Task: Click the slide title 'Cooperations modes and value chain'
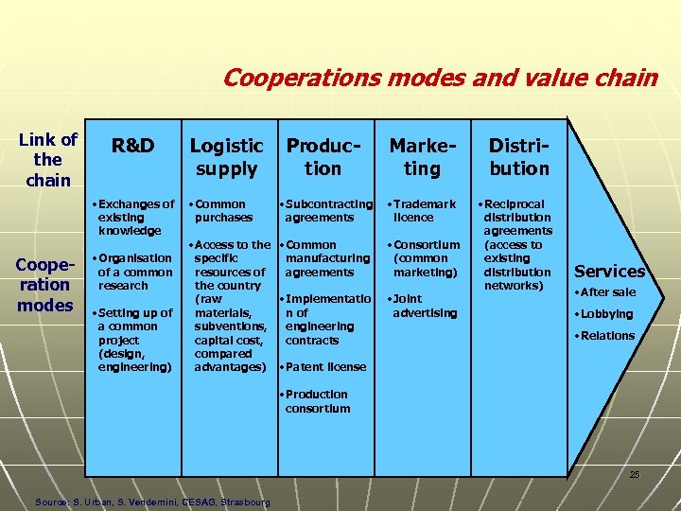point(440,78)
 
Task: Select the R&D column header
point(132,146)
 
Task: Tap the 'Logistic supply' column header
point(226,157)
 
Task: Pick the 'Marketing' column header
point(422,157)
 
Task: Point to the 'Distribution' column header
point(518,157)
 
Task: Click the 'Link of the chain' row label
point(47,160)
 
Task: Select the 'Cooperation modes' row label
point(44,284)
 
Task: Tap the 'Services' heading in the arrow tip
point(609,272)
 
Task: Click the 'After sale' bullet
point(609,292)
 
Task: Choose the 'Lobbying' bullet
point(607,314)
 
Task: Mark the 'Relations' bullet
point(608,336)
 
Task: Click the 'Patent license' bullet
point(324,367)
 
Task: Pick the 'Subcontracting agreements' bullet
point(328,210)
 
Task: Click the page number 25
point(635,474)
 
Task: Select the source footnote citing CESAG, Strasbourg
point(151,502)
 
